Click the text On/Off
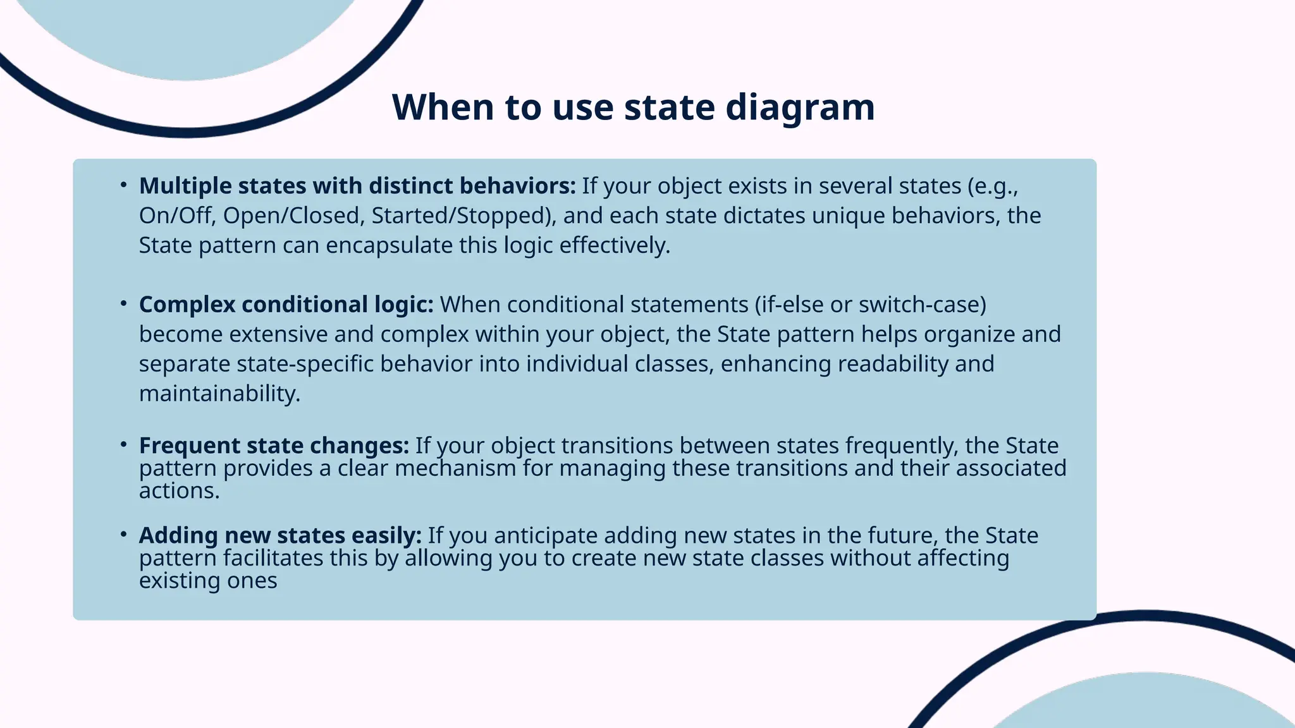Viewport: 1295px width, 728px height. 177,215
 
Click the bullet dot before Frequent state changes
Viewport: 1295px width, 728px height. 124,445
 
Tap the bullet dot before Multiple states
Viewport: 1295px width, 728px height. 124,185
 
